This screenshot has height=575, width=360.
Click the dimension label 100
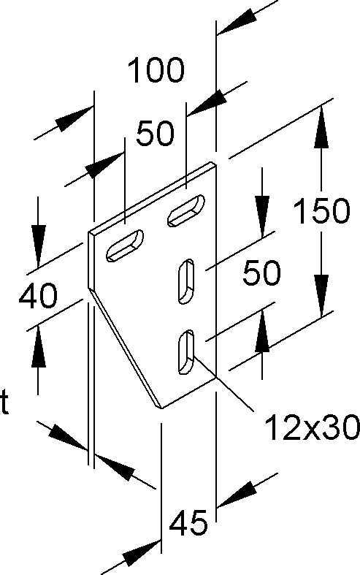point(156,69)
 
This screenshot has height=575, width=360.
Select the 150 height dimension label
point(322,210)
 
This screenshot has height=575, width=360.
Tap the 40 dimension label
point(38,295)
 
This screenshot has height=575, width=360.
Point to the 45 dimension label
point(188,522)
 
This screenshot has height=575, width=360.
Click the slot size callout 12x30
point(312,427)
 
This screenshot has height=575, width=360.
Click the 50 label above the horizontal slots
point(155,133)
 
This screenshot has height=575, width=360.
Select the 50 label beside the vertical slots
point(261,273)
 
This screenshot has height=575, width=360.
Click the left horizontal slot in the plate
point(125,245)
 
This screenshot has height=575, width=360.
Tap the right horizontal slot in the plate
point(186,210)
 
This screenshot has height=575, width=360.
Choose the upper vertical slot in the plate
point(186,281)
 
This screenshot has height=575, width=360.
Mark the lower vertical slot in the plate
point(186,352)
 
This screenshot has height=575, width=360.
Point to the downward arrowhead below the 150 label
point(322,296)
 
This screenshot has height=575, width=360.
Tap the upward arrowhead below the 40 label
point(39,346)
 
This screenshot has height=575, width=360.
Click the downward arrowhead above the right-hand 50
point(261,217)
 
